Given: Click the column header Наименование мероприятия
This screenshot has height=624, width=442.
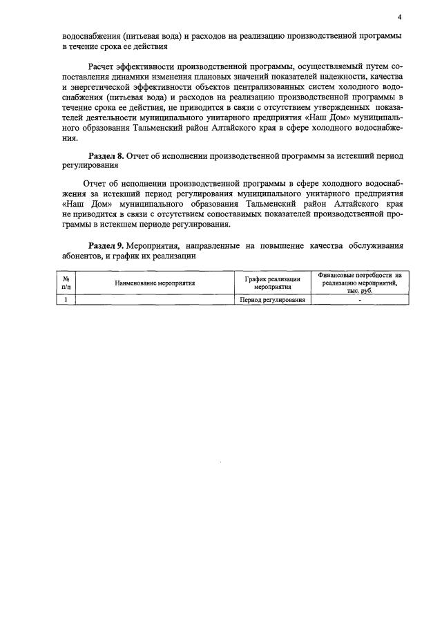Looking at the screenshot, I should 155,283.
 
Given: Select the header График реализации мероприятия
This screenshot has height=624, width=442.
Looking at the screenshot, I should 272,283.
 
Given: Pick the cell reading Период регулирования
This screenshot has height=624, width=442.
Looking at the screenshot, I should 272,300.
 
